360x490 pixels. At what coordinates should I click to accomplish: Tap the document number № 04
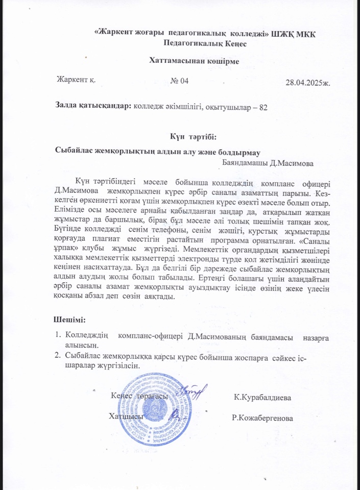click(179, 81)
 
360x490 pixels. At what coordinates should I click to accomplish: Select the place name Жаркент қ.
click(77, 80)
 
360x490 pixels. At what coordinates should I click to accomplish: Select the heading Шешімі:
click(69, 320)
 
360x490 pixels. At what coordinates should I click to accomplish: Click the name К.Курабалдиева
click(262, 397)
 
